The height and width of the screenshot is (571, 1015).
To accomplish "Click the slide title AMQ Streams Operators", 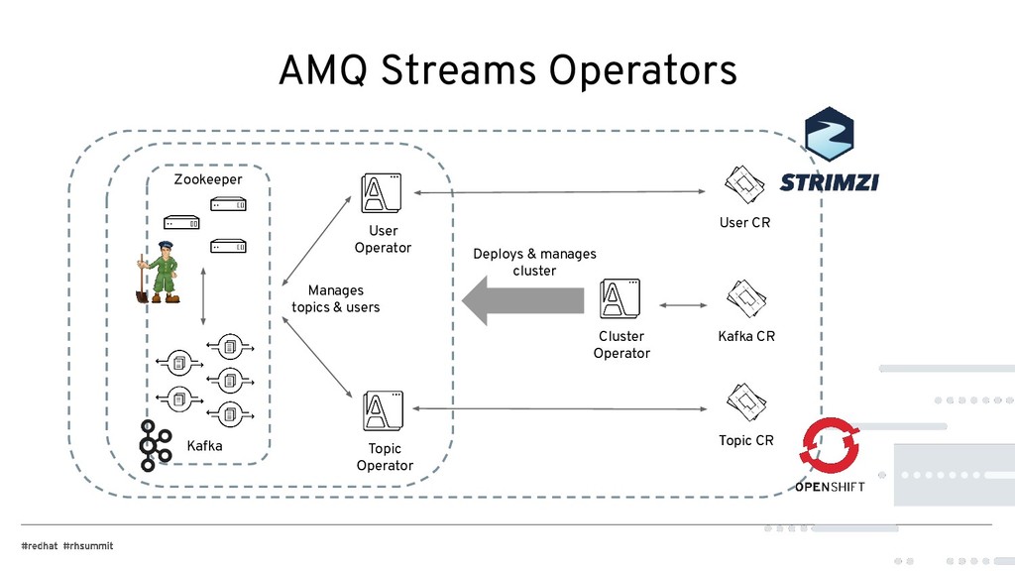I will click(x=507, y=70).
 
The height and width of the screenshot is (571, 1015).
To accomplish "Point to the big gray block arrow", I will click(x=522, y=300).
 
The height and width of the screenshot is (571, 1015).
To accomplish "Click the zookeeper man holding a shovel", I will click(x=159, y=273).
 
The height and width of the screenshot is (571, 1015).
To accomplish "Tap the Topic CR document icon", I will click(x=744, y=401).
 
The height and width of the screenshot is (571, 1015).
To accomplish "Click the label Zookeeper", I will click(x=208, y=179).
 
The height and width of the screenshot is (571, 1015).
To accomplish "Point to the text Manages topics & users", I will click(x=335, y=298).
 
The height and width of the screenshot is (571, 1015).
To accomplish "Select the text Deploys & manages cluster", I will click(x=534, y=262).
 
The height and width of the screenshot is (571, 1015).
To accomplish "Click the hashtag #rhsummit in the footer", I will click(x=88, y=546).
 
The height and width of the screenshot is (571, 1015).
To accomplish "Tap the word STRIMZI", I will click(x=829, y=182).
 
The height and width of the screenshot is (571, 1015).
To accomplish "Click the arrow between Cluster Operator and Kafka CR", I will click(x=683, y=305).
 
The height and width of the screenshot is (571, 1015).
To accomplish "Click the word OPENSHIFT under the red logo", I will click(x=829, y=487).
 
